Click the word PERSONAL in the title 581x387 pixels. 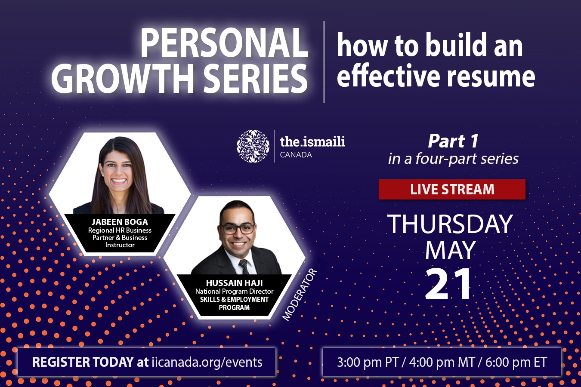click(x=224, y=42)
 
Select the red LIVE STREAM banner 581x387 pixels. click(x=452, y=189)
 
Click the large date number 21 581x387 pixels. click(x=448, y=284)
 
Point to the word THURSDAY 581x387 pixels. click(x=450, y=224)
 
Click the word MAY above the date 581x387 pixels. click(x=451, y=250)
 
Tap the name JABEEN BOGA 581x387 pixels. click(x=120, y=222)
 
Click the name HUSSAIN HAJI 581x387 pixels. click(x=234, y=283)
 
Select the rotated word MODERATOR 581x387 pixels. click(x=299, y=295)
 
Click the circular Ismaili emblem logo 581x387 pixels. click(x=253, y=146)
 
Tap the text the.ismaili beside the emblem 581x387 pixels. click(x=312, y=141)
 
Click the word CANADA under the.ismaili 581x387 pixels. click(x=296, y=155)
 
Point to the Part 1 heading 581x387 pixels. click(x=453, y=141)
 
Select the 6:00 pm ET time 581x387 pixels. click(x=516, y=362)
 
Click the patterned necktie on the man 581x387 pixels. click(x=244, y=267)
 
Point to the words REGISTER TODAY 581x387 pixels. click(x=83, y=362)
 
